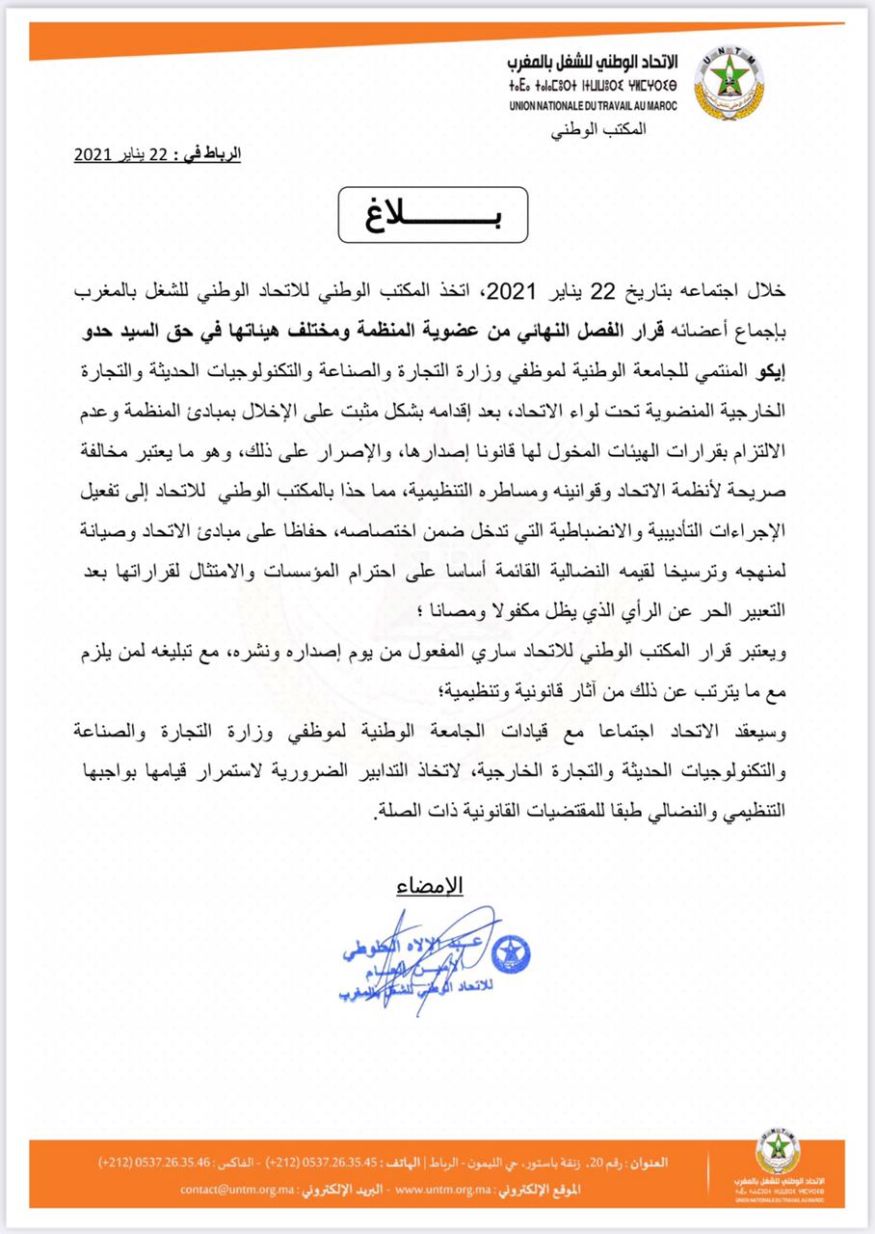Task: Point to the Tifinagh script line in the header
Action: point(592,84)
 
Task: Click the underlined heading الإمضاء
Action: point(431,885)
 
